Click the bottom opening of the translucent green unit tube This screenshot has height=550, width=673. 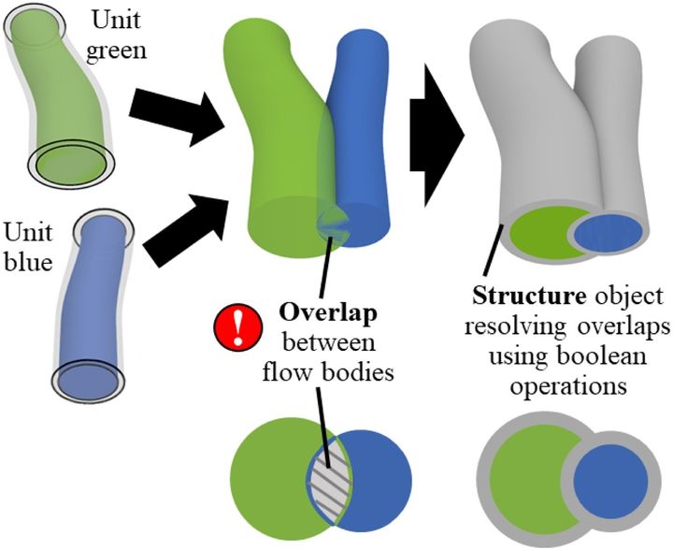click(x=72, y=163)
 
